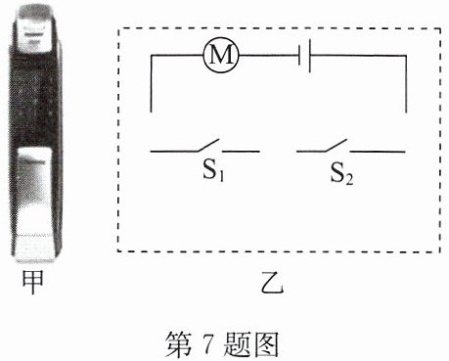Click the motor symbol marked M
221,56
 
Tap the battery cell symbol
304,56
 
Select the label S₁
213,170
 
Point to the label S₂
341,173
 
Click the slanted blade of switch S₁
207,145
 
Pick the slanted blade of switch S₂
336,145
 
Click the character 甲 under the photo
32,282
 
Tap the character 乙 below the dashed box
273,283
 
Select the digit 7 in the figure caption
207,344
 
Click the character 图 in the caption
267,344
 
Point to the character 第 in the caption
179,344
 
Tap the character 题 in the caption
238,344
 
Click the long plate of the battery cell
309,56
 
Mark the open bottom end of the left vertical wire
151,113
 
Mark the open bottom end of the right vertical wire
406,113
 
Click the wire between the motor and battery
269,56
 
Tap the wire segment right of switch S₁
241,152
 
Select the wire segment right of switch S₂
378,152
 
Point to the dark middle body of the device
35,98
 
